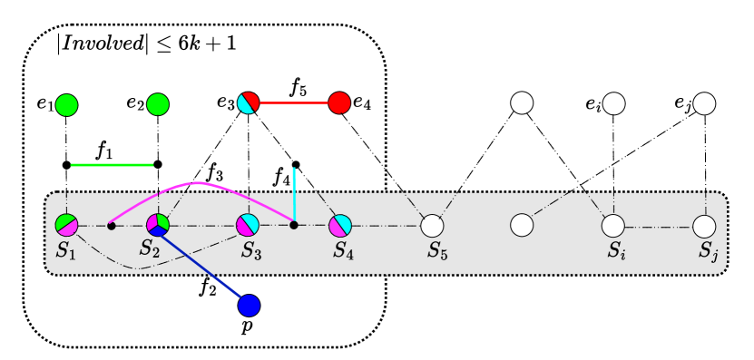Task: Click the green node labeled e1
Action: [x=67, y=103]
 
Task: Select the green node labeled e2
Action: [x=158, y=103]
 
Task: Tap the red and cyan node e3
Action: [x=249, y=103]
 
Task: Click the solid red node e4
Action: [x=339, y=103]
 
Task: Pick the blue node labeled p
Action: [x=249, y=306]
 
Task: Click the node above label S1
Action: [x=66, y=224]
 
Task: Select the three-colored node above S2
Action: [x=158, y=224]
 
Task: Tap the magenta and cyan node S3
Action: [x=249, y=224]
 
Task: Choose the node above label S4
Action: [x=339, y=224]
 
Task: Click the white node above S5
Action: [x=432, y=224]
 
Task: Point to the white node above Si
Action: [x=613, y=224]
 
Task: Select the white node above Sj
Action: [x=704, y=224]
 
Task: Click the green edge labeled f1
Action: [x=113, y=165]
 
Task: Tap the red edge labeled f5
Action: [x=294, y=103]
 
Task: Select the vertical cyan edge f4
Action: [x=295, y=194]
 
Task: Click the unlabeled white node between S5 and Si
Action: [x=522, y=224]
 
